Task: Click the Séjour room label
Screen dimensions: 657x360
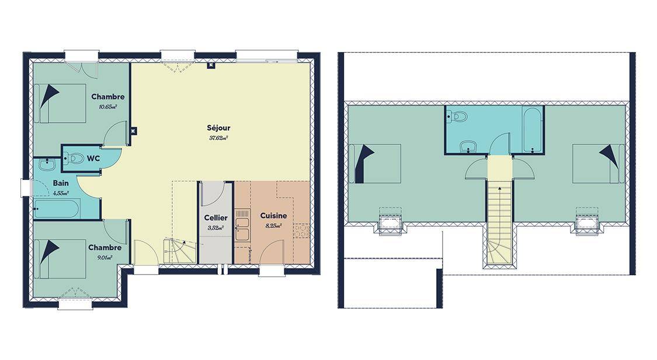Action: click(218, 128)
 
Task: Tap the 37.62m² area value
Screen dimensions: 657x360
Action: click(218, 137)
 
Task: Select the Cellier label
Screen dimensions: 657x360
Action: click(215, 217)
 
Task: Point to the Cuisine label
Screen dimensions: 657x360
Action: click(274, 216)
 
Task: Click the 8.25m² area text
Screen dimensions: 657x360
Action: click(274, 226)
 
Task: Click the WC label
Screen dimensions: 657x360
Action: click(93, 158)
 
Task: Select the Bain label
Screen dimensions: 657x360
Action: click(61, 183)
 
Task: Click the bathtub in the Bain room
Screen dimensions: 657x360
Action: click(56, 209)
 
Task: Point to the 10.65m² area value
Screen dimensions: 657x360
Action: click(107, 106)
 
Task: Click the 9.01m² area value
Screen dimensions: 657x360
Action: click(105, 257)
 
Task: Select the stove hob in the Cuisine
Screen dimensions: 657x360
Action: click(301, 231)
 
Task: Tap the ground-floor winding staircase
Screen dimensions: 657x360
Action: click(180, 251)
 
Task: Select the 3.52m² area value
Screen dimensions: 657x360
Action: click(215, 228)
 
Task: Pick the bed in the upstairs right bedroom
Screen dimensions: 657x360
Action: click(599, 164)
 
